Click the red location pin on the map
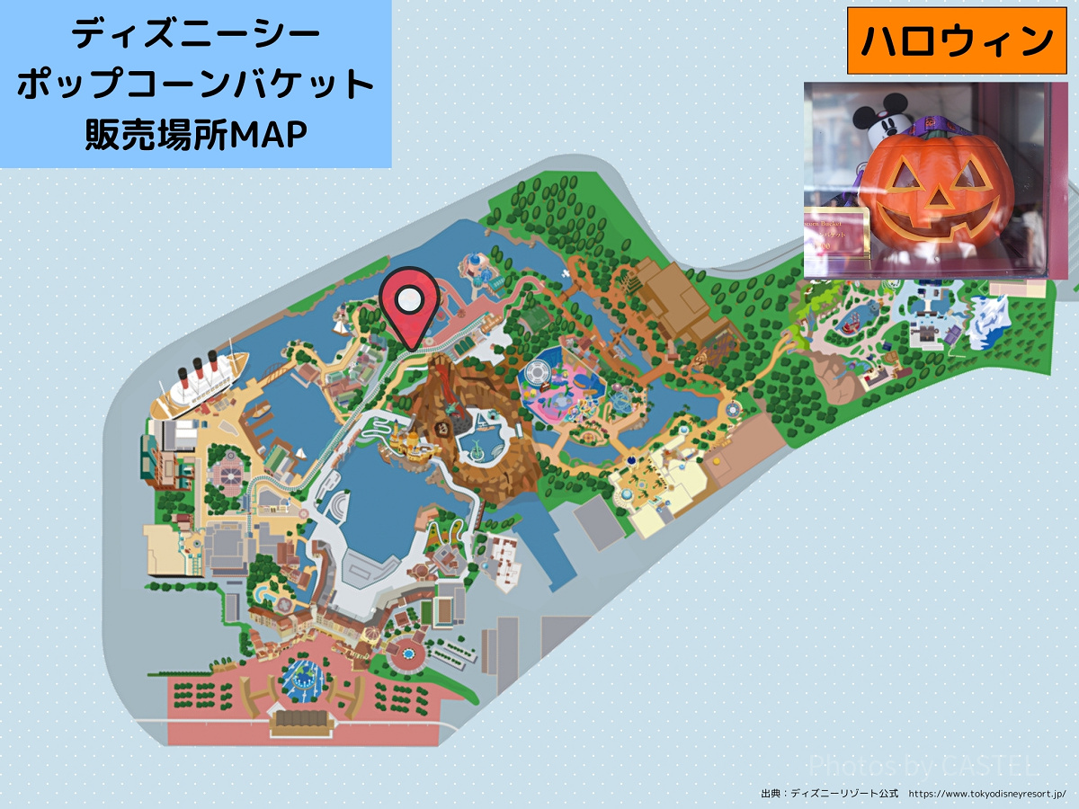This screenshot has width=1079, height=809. (x=409, y=306)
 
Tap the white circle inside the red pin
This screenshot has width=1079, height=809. (x=409, y=298)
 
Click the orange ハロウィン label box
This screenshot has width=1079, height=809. (x=957, y=40)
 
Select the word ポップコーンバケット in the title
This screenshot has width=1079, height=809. (x=196, y=85)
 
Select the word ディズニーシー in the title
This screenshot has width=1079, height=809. (x=196, y=36)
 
